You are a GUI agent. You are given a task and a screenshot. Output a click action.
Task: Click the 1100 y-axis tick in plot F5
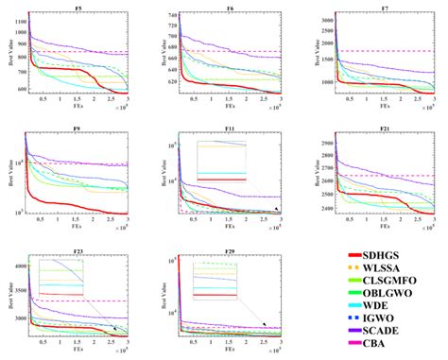(x=16, y=21)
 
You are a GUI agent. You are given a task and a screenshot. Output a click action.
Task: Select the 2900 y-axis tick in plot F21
(x=319, y=142)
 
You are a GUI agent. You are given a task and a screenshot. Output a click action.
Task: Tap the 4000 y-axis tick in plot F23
(x=16, y=266)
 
